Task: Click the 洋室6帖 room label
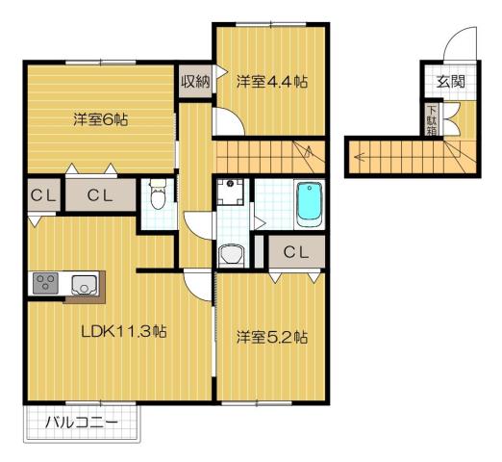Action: pyautogui.click(x=100, y=120)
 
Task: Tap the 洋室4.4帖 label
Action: pyautogui.click(x=272, y=83)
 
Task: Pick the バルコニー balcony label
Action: pyautogui.click(x=82, y=423)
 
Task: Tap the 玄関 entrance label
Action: pyautogui.click(x=450, y=82)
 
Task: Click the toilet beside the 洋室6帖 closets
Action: pyautogui.click(x=159, y=197)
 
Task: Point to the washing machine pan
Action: pyautogui.click(x=231, y=195)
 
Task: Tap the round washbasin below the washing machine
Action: pyautogui.click(x=231, y=254)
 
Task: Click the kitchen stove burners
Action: pyautogui.click(x=45, y=283)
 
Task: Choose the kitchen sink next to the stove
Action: pyautogui.click(x=82, y=283)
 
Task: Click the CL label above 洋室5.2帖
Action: pyautogui.click(x=295, y=253)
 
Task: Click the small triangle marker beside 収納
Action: pyautogui.click(x=220, y=69)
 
